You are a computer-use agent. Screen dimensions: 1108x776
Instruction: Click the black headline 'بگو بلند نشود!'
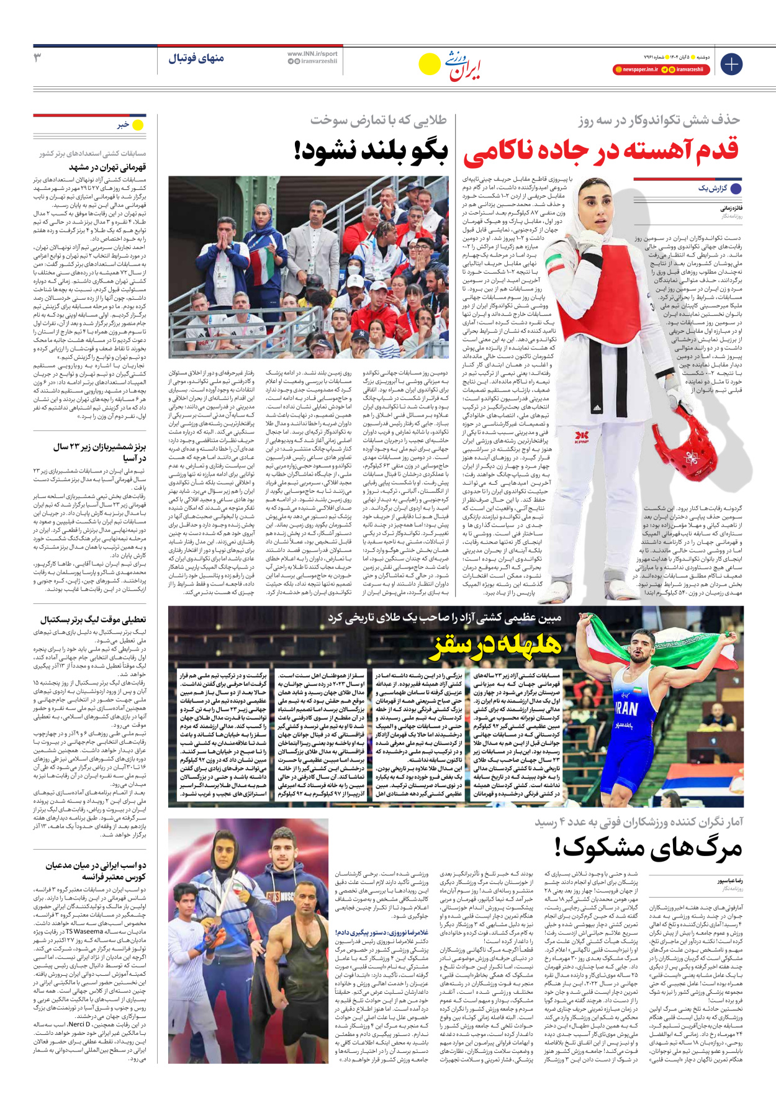pos(371,151)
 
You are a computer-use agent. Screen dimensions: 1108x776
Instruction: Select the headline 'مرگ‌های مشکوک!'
pos(648,847)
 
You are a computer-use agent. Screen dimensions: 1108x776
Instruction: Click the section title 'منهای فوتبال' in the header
pos(196,59)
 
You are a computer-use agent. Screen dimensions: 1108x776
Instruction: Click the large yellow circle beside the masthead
pos(429,64)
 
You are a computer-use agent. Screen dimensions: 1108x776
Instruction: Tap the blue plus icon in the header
pos(731,64)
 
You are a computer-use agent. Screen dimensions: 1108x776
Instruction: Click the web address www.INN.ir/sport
pos(312,54)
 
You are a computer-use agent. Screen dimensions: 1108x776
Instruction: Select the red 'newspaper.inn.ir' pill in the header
pos(636,70)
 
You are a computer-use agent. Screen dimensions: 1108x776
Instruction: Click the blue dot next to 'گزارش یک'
pos(736,189)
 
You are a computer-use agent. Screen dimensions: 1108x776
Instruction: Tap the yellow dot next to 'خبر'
pos(138,125)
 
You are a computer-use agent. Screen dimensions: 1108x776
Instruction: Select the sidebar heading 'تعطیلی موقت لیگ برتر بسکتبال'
pos(93,619)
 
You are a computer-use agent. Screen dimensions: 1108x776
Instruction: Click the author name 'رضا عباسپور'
pos(730,881)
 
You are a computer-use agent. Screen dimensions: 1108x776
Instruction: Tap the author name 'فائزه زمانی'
pos(731,209)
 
